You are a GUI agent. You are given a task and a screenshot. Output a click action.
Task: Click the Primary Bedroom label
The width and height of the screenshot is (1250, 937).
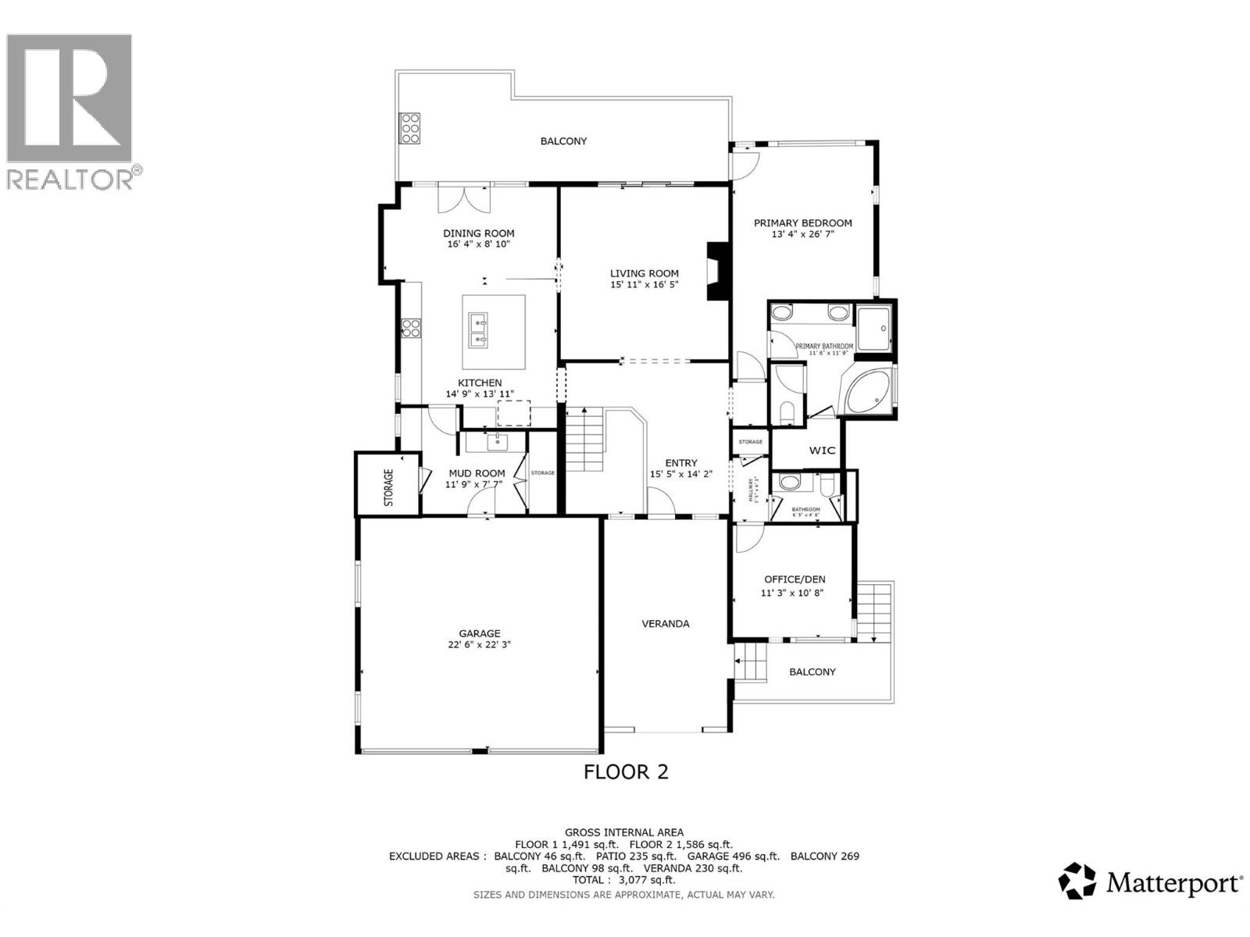pyautogui.click(x=802, y=223)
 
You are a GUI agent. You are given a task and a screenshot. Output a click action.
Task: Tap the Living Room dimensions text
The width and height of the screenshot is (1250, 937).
pyautogui.click(x=644, y=285)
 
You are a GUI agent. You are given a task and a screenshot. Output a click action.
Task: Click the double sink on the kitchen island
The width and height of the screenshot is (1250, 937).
pyautogui.click(x=478, y=330)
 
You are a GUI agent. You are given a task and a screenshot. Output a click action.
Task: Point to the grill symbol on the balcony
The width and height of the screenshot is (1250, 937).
pyautogui.click(x=409, y=127)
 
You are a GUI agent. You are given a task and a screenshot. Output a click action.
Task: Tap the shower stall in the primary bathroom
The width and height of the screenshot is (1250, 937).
pyautogui.click(x=873, y=329)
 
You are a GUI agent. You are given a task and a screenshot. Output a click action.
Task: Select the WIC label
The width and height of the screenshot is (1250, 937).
pyautogui.click(x=822, y=451)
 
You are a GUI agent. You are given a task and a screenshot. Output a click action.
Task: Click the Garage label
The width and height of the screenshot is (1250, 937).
pyautogui.click(x=480, y=633)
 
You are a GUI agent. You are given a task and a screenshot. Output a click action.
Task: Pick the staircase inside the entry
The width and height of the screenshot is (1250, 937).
pyautogui.click(x=584, y=441)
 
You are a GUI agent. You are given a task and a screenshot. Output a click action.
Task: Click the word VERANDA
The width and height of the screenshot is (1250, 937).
pyautogui.click(x=666, y=623)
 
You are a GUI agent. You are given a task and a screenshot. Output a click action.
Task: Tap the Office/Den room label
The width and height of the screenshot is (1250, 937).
pyautogui.click(x=794, y=579)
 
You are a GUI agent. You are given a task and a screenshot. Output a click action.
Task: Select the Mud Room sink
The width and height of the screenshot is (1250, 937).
pyautogui.click(x=496, y=443)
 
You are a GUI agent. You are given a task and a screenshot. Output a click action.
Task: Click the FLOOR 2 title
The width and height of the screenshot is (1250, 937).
pyautogui.click(x=626, y=771)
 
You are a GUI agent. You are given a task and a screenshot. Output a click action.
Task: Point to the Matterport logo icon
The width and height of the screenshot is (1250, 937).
pyautogui.click(x=1077, y=881)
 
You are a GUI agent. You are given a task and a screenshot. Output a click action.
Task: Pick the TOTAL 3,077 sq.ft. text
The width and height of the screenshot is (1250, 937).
pyautogui.click(x=624, y=880)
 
